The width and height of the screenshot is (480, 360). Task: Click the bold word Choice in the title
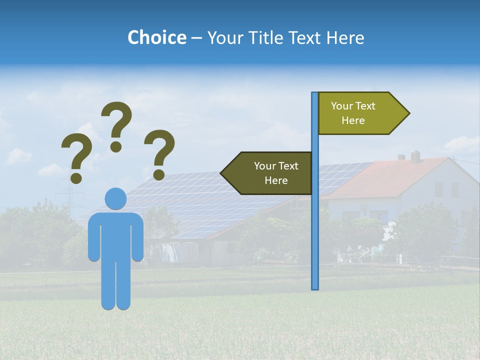[x=156, y=37]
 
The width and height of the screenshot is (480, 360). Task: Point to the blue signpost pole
[x=315, y=225]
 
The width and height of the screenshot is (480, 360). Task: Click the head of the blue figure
[x=115, y=198]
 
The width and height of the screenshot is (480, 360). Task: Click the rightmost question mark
[x=159, y=154]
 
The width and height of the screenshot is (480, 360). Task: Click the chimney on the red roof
[x=415, y=156]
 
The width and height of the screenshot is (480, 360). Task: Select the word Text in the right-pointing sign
[x=365, y=106]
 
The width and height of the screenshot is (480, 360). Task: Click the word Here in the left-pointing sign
[x=276, y=180]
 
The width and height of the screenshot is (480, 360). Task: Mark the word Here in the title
[x=345, y=37]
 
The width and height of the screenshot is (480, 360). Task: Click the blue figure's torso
[x=115, y=235]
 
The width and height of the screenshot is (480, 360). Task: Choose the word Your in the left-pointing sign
[x=264, y=166]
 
